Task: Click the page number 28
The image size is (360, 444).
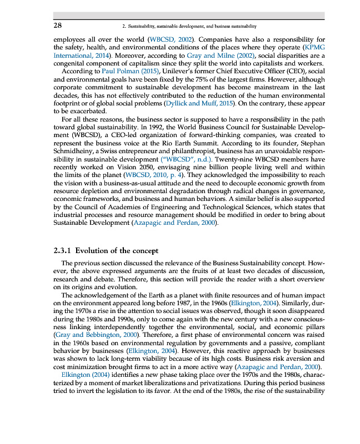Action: point(57,26)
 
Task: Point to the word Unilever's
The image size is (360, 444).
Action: point(174,72)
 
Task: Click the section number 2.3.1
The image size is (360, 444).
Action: point(59,250)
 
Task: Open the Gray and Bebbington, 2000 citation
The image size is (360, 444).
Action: point(97,335)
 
